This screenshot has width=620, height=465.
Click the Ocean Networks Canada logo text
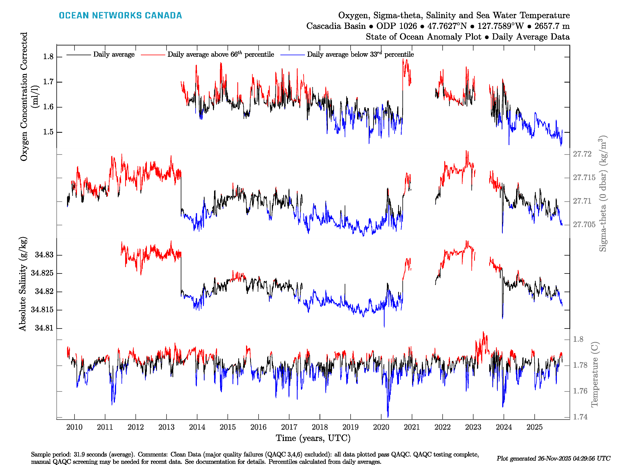tap(120, 15)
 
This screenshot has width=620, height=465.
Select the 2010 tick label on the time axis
tap(74, 427)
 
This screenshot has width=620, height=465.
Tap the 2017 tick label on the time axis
tap(289, 427)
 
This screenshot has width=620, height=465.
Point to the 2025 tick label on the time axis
tap(535, 427)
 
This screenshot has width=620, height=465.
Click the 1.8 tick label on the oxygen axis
tap(48, 57)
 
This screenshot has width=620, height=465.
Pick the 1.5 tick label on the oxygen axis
tap(48, 132)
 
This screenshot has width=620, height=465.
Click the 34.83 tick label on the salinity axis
tap(44, 255)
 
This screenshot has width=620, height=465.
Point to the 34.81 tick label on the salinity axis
tap(44, 328)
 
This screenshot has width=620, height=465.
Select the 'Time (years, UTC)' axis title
tap(313, 438)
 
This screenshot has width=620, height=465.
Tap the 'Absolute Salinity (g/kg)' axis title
tap(23, 284)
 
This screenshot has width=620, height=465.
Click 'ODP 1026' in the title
tap(396, 26)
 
